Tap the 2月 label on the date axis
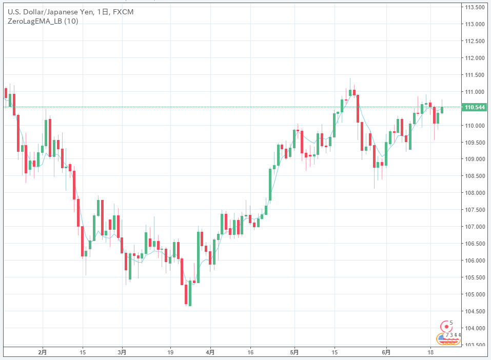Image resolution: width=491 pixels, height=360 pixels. [43, 353]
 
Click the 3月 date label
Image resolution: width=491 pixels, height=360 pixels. [122, 353]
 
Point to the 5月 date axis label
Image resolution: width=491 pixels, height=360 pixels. [294, 353]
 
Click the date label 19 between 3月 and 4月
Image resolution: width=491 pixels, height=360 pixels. [171, 353]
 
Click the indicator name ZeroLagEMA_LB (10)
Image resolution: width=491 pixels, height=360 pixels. [43, 21]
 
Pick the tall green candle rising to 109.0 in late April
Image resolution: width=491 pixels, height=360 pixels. [270, 184]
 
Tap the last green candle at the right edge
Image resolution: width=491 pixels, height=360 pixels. [442, 110]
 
